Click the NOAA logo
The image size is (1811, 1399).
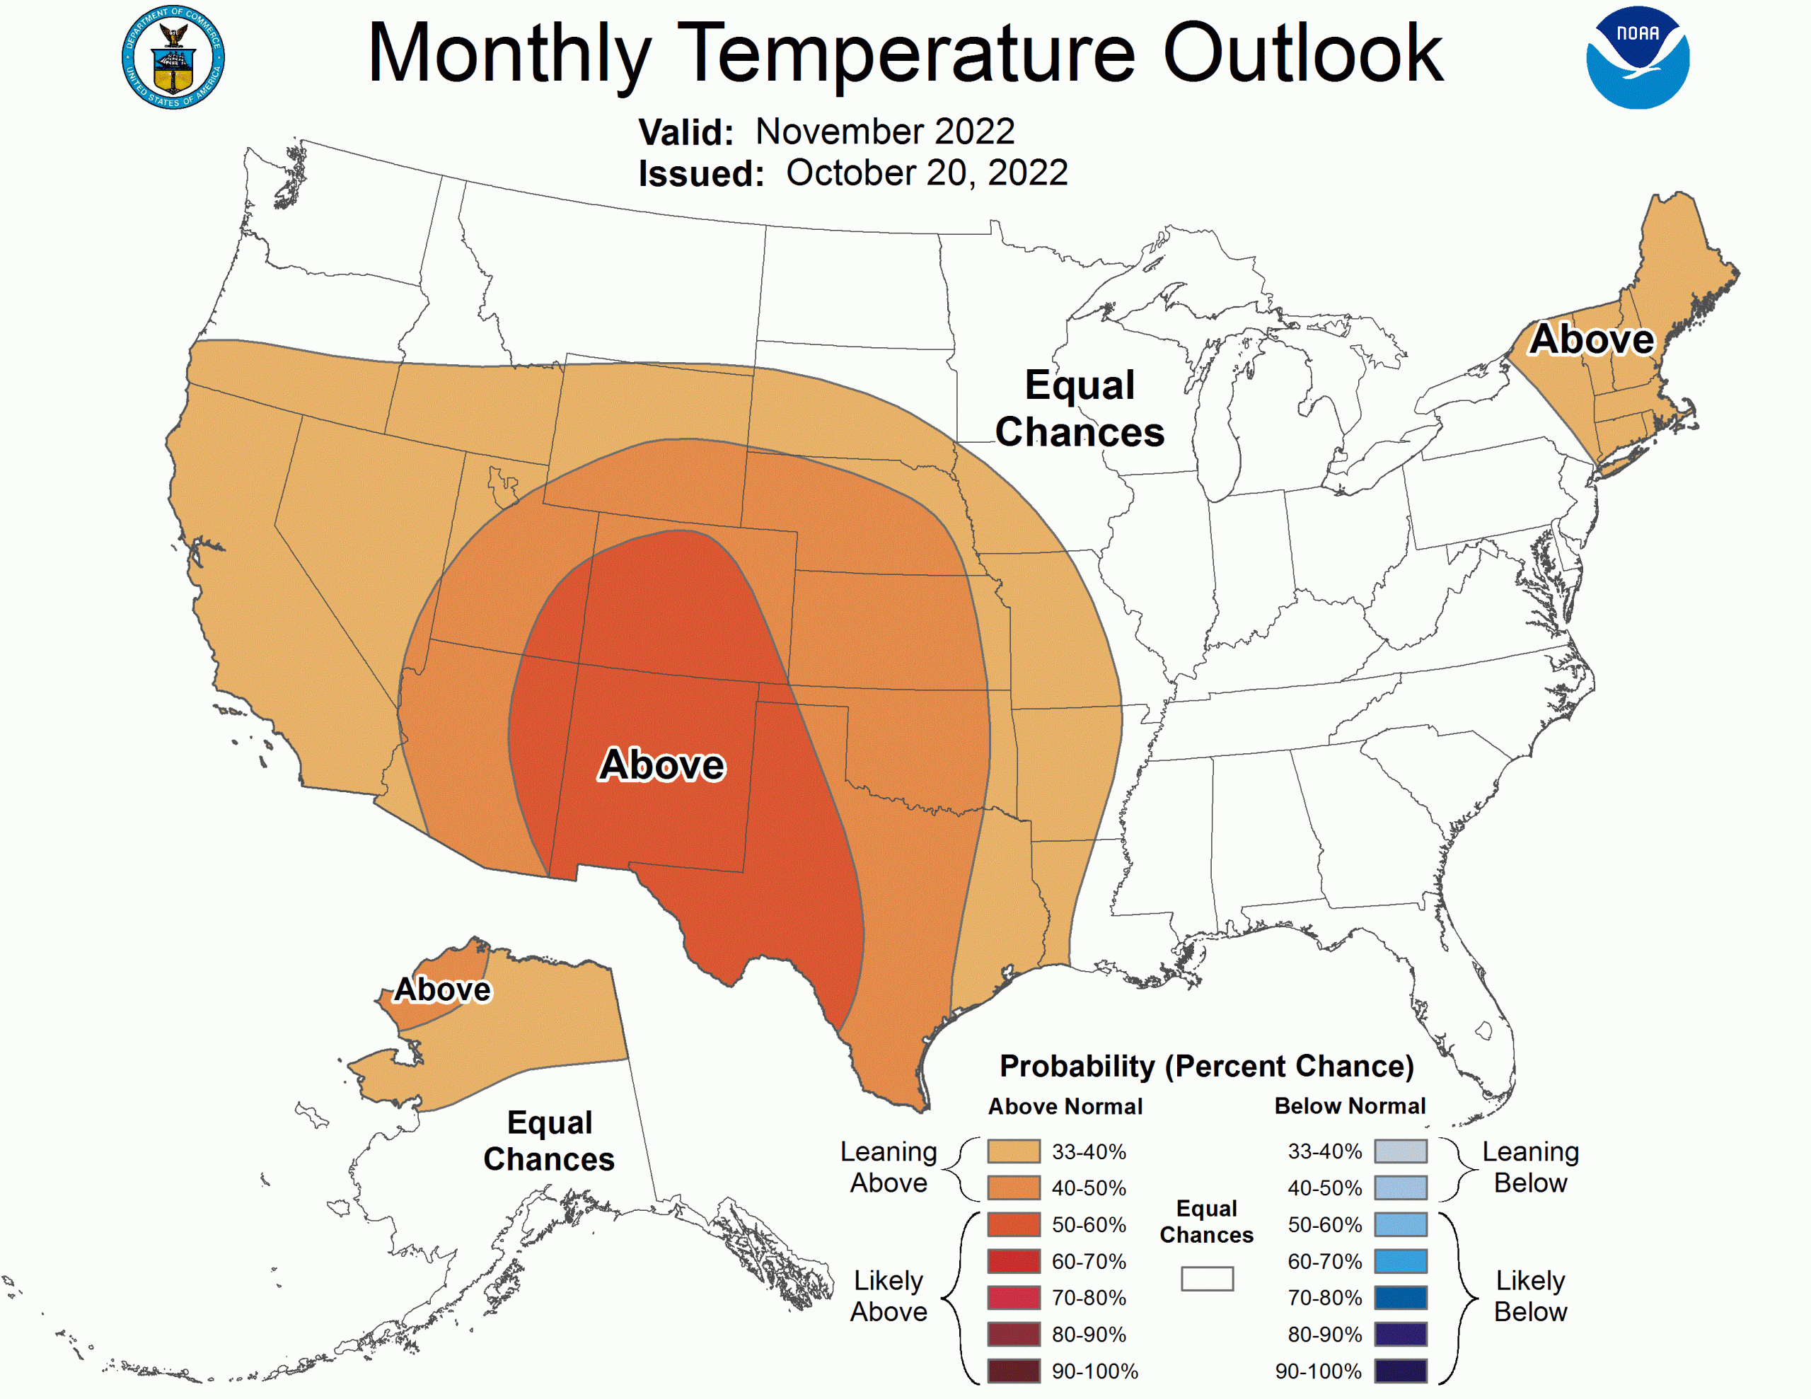pos(1637,57)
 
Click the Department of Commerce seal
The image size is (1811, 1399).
pos(173,57)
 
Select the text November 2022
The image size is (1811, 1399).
pos(884,132)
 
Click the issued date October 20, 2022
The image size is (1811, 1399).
pos(926,173)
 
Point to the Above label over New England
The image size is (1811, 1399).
pos(1591,339)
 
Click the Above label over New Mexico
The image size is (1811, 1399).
pos(661,765)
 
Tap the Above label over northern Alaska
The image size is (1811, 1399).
pos(442,989)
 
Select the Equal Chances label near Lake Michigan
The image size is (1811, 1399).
pos(1080,409)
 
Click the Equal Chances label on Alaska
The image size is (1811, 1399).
pos(549,1141)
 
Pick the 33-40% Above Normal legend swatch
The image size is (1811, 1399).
pos(1013,1151)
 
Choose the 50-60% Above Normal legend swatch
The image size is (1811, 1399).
pos(1013,1224)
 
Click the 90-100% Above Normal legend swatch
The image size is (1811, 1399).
pos(1013,1371)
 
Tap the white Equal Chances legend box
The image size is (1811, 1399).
pos(1206,1278)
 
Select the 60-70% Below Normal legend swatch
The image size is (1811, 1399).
pos(1401,1261)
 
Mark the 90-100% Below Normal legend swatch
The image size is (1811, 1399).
pos(1401,1371)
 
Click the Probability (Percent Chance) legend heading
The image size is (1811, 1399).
pos(1206,1067)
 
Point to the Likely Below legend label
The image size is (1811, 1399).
pos(1530,1296)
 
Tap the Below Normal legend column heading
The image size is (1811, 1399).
pos(1349,1106)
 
